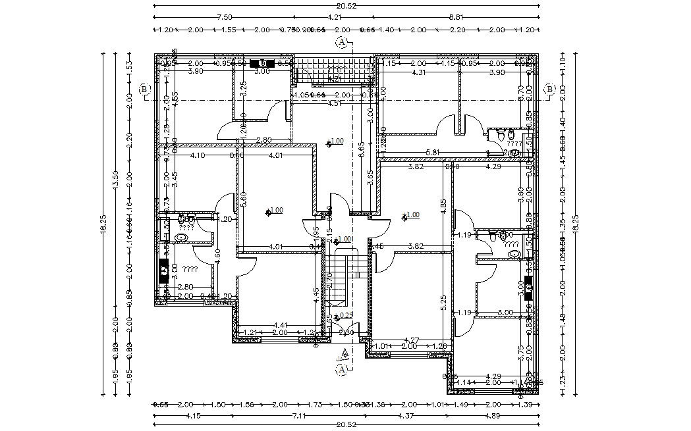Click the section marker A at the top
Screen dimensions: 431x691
tap(342, 43)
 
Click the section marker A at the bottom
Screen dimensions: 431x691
tap(342, 370)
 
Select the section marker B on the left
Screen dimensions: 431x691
tap(145, 89)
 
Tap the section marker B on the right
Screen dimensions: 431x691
tap(549, 89)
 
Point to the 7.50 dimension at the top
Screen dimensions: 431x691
tap(225, 17)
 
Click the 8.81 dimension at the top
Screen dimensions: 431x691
tap(456, 17)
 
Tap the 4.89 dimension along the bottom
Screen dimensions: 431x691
tap(493, 415)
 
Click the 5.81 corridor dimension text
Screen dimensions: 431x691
tap(433, 153)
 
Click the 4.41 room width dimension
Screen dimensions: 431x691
tap(281, 324)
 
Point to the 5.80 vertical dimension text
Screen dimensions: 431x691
tap(244, 199)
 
